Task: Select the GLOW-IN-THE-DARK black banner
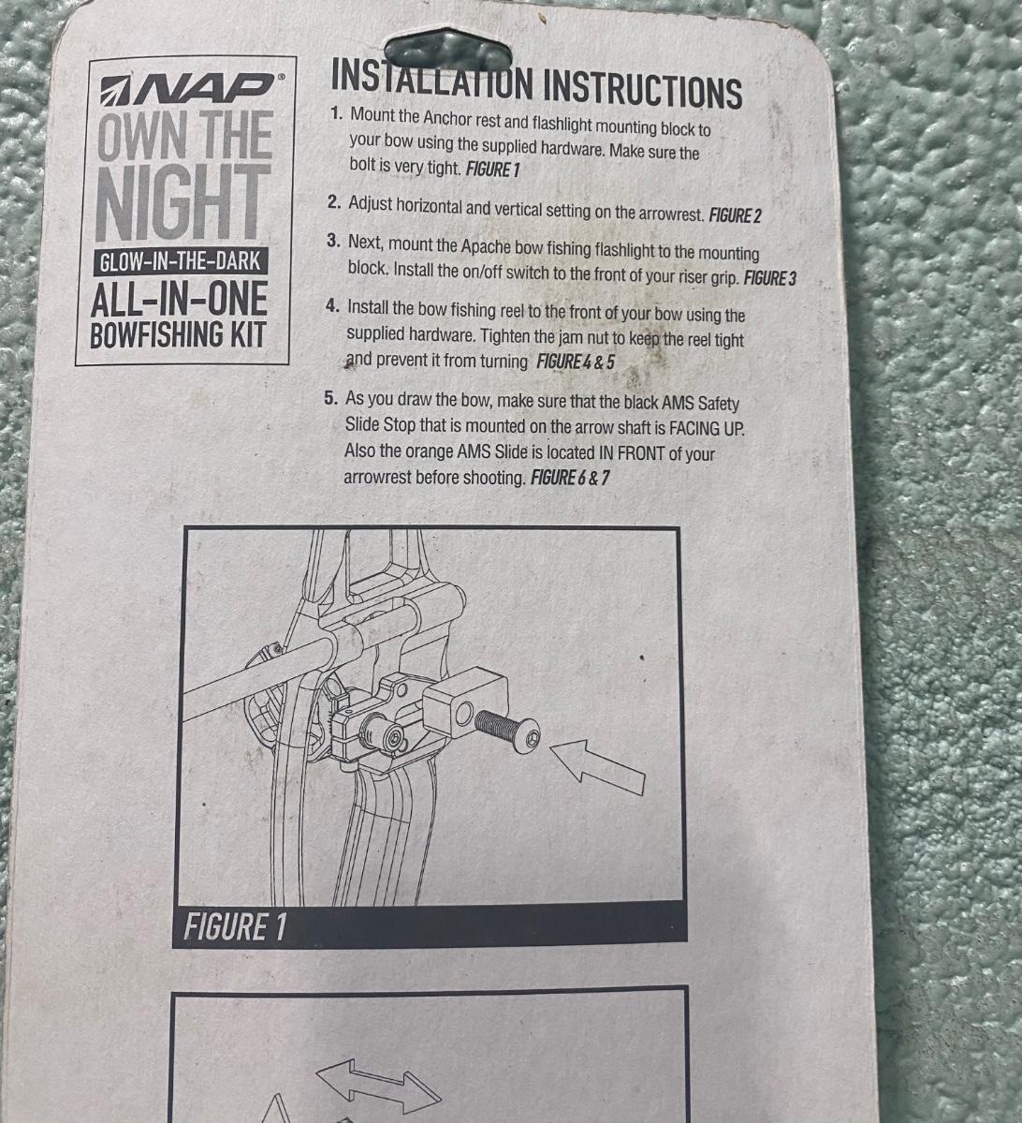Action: (181, 261)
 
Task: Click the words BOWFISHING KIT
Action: (178, 334)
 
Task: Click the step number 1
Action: (336, 113)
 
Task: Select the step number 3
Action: (333, 241)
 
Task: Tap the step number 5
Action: (330, 397)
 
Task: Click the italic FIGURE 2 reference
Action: (735, 214)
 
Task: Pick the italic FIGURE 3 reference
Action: (769, 278)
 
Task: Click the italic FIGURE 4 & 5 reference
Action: (576, 361)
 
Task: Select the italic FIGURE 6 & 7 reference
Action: (570, 477)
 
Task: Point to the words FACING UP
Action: (707, 428)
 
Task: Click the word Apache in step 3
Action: (485, 246)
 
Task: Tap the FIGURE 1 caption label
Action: (235, 926)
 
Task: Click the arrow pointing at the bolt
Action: (598, 767)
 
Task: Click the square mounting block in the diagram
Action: (465, 699)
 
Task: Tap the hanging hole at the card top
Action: (448, 51)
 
